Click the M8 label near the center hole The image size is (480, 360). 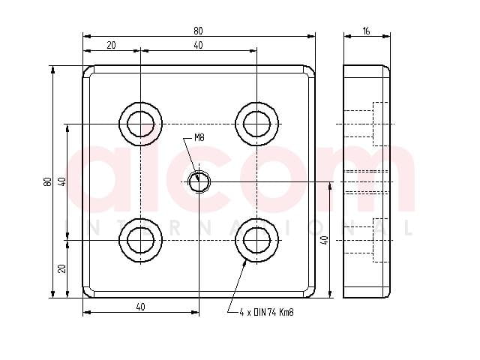199,138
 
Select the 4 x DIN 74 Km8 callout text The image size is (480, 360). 267,312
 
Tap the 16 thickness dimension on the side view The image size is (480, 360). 366,31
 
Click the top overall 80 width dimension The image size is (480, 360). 198,31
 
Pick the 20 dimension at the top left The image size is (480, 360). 112,45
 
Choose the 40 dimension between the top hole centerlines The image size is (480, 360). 198,45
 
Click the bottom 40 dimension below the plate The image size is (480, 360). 140,307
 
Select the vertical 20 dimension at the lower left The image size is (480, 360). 61,268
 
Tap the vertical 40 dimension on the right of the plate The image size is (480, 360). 325,240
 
